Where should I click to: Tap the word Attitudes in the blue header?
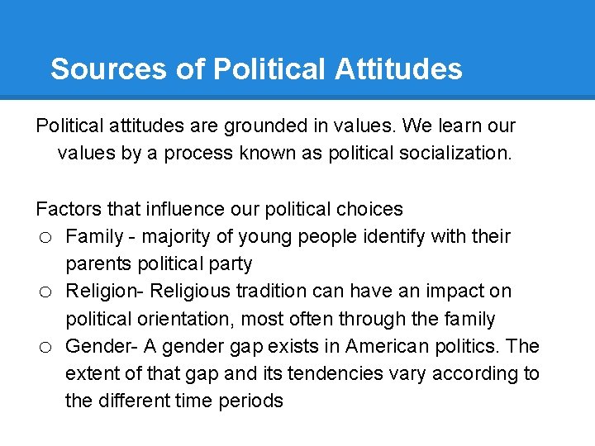click(398, 69)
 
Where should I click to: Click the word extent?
click(93, 373)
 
